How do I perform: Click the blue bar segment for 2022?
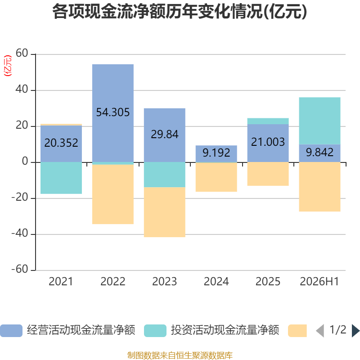[113, 113]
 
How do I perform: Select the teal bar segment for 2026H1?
[319, 121]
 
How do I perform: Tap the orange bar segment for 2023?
[165, 212]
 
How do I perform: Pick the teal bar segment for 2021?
[61, 178]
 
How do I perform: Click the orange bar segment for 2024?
[216, 177]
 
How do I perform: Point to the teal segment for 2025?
[268, 121]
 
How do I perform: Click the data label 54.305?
[113, 112]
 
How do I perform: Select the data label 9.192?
[216, 153]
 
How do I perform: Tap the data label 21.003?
[268, 142]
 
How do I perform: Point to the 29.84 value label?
[165, 134]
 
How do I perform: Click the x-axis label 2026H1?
[319, 282]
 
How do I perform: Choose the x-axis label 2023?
[165, 282]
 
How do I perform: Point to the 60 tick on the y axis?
[22, 53]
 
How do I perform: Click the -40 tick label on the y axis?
[20, 233]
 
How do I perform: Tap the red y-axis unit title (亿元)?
[8, 66]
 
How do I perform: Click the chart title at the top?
[180, 12]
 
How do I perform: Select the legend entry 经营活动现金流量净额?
[68, 330]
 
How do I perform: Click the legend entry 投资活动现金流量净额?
[211, 330]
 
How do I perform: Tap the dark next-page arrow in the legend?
[356, 331]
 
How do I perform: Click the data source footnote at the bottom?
[180, 355]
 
